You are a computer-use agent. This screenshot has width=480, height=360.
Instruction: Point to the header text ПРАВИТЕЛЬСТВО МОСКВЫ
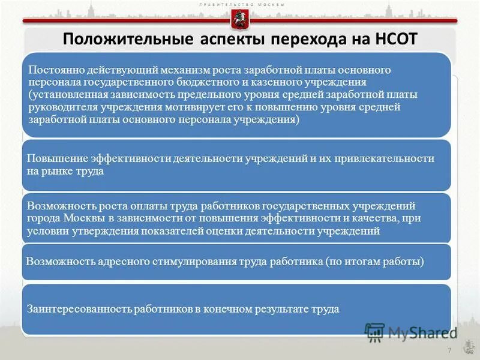point(240,5)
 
